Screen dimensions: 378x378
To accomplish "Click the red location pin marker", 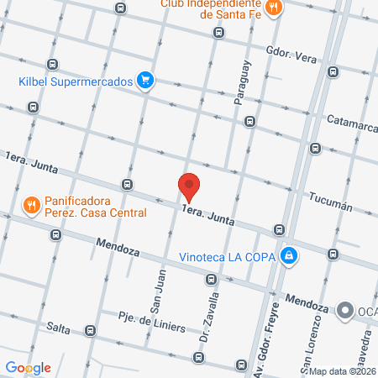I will pos(189,186).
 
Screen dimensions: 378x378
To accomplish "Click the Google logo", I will pos(28,368).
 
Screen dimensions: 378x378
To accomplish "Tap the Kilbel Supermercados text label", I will pos(76,82).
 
